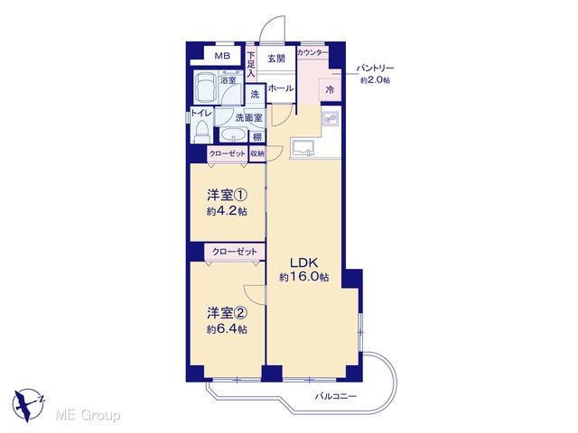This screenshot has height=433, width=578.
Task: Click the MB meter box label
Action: point(222,56)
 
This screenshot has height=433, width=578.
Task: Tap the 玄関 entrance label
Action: point(276,58)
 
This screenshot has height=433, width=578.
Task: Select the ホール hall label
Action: point(281,88)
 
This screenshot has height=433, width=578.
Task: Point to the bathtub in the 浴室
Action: point(205,88)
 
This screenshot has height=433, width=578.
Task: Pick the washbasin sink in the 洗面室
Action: point(233,134)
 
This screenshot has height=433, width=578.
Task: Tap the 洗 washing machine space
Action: point(255,94)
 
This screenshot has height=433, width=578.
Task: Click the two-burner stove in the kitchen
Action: point(330,118)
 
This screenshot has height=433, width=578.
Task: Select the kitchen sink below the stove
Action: point(303,148)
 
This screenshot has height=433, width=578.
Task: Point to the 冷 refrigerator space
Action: point(330,89)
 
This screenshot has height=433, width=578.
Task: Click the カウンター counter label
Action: point(312,52)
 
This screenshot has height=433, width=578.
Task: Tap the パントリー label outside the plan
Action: point(375,69)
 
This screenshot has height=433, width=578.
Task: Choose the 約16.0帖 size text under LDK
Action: point(304,277)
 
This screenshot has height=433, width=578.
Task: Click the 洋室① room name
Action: point(227,195)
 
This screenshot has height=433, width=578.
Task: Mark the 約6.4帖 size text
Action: point(227,329)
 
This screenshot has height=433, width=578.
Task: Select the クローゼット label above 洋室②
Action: point(235,252)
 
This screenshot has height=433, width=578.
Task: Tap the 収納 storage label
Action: point(257,154)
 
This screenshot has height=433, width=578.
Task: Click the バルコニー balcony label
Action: point(335,397)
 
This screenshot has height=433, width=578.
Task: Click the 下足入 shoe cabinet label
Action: point(251,65)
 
